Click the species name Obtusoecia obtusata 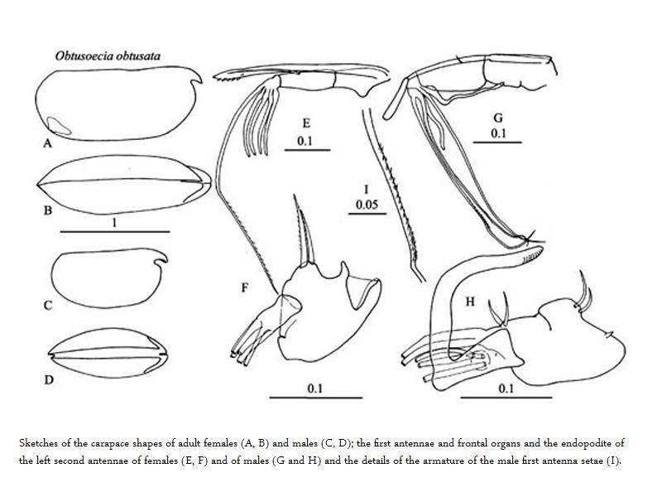pos(108,57)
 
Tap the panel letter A pos(47,143)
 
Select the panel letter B pos(48,210)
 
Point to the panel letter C pos(48,306)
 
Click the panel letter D pos(49,380)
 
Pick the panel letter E pos(305,123)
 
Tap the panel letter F pos(244,287)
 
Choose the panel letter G pos(498,118)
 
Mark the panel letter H pos(470,302)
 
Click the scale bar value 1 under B pos(113,223)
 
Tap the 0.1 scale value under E pos(305,141)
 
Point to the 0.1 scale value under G pos(498,133)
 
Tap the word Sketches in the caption pos(41,443)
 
